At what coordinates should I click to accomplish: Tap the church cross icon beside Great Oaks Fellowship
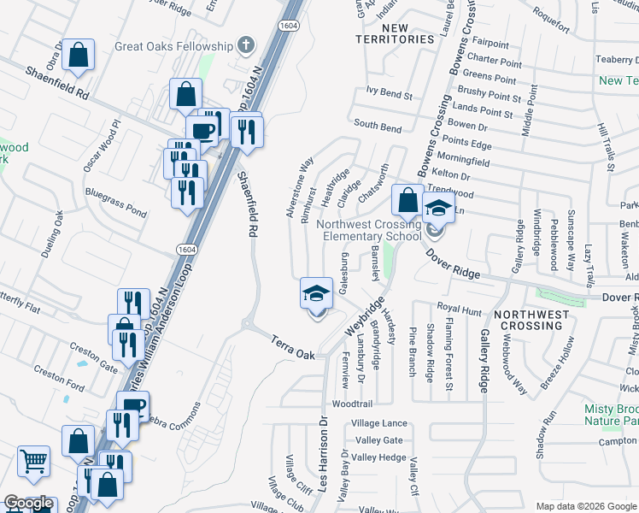tap(246, 44)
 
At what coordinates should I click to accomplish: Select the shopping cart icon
tap(33, 462)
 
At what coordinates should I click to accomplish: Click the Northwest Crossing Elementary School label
tap(369, 231)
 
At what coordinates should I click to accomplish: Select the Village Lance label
tap(379, 423)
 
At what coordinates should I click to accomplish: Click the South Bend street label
tap(378, 127)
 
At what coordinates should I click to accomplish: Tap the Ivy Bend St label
tap(389, 91)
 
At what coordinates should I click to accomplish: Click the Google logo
tap(28, 503)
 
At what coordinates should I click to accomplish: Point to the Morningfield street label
tap(462, 160)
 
